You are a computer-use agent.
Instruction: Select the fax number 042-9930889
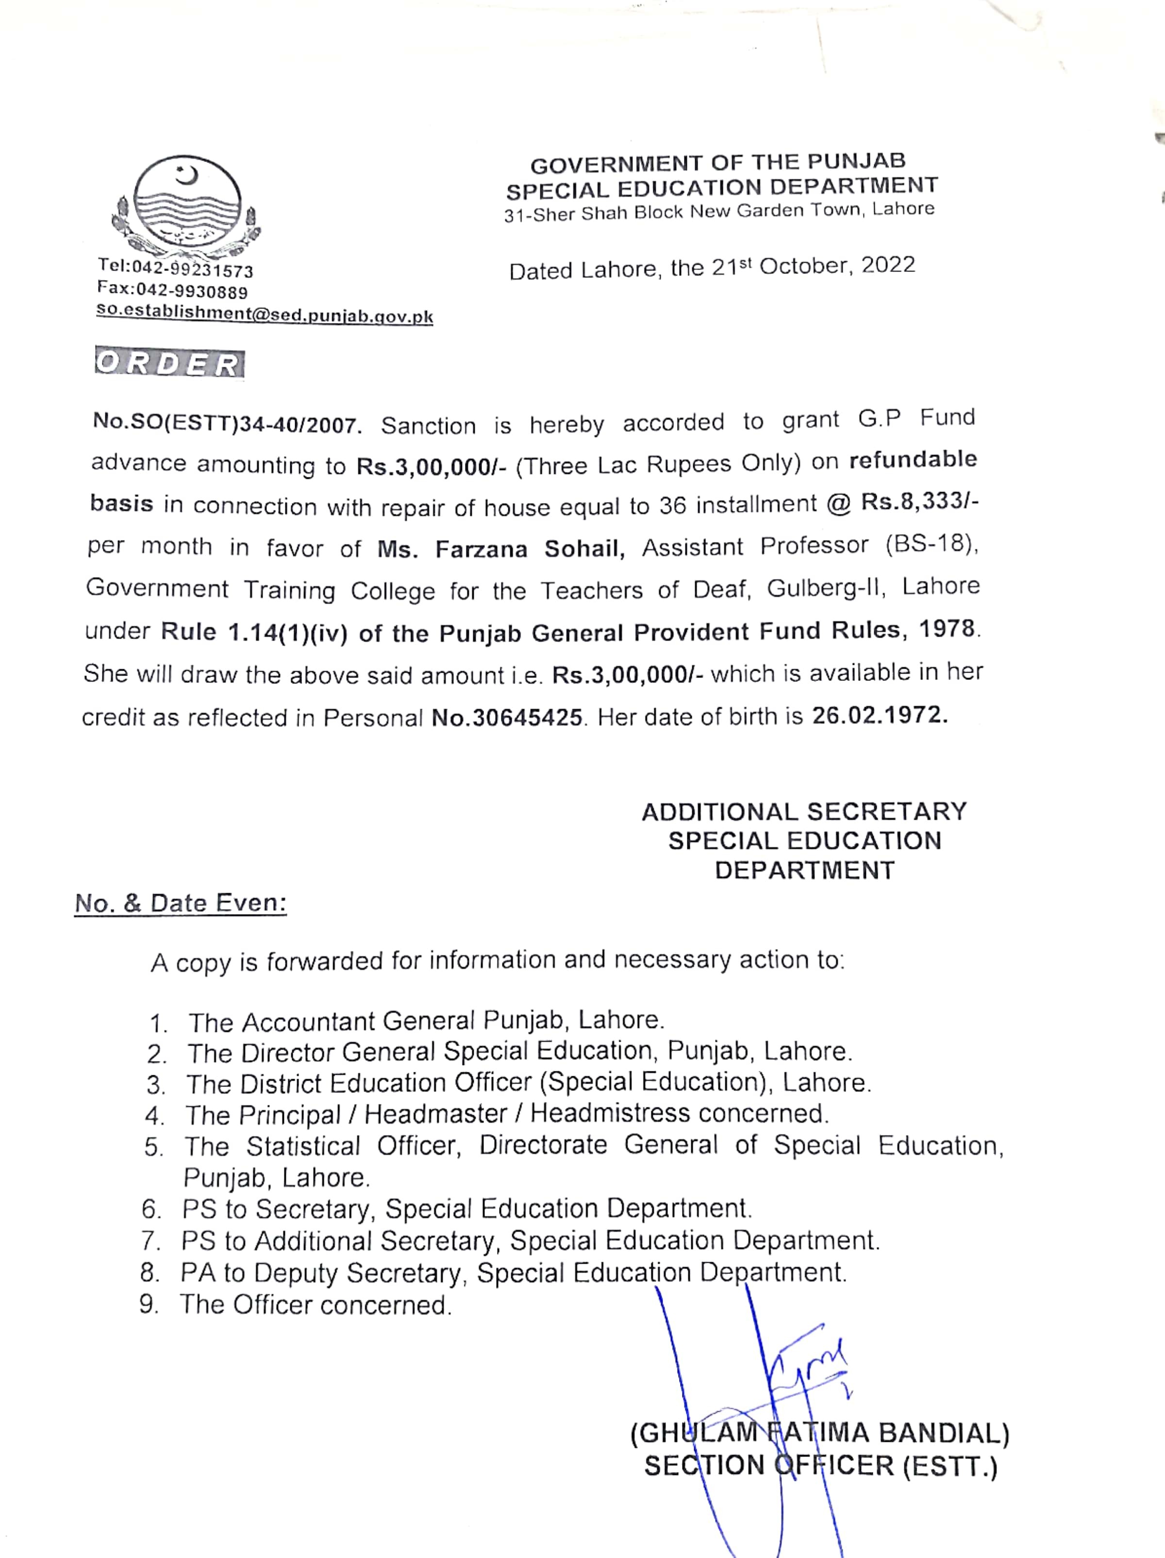(x=191, y=290)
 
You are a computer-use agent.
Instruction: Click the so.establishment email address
(x=265, y=314)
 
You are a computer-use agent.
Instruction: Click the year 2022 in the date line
(x=888, y=265)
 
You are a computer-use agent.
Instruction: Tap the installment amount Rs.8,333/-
(x=919, y=502)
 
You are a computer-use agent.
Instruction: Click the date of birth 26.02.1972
(x=880, y=715)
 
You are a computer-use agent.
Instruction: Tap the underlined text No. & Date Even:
(x=181, y=904)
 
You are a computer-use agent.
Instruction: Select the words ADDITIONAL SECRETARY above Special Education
(x=804, y=812)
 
